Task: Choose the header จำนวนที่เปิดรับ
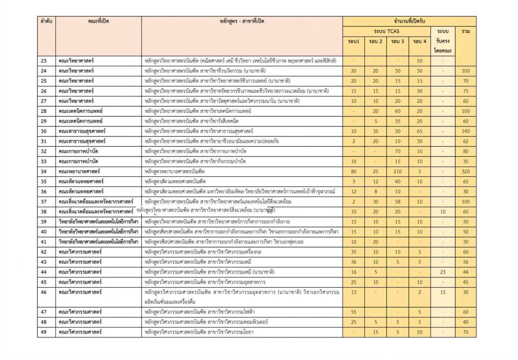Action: tap(409, 21)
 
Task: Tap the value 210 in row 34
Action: tap(398, 172)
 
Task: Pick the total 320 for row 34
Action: tap(465, 172)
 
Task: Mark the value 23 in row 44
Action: tap(443, 272)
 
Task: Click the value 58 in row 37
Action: tap(398, 202)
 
